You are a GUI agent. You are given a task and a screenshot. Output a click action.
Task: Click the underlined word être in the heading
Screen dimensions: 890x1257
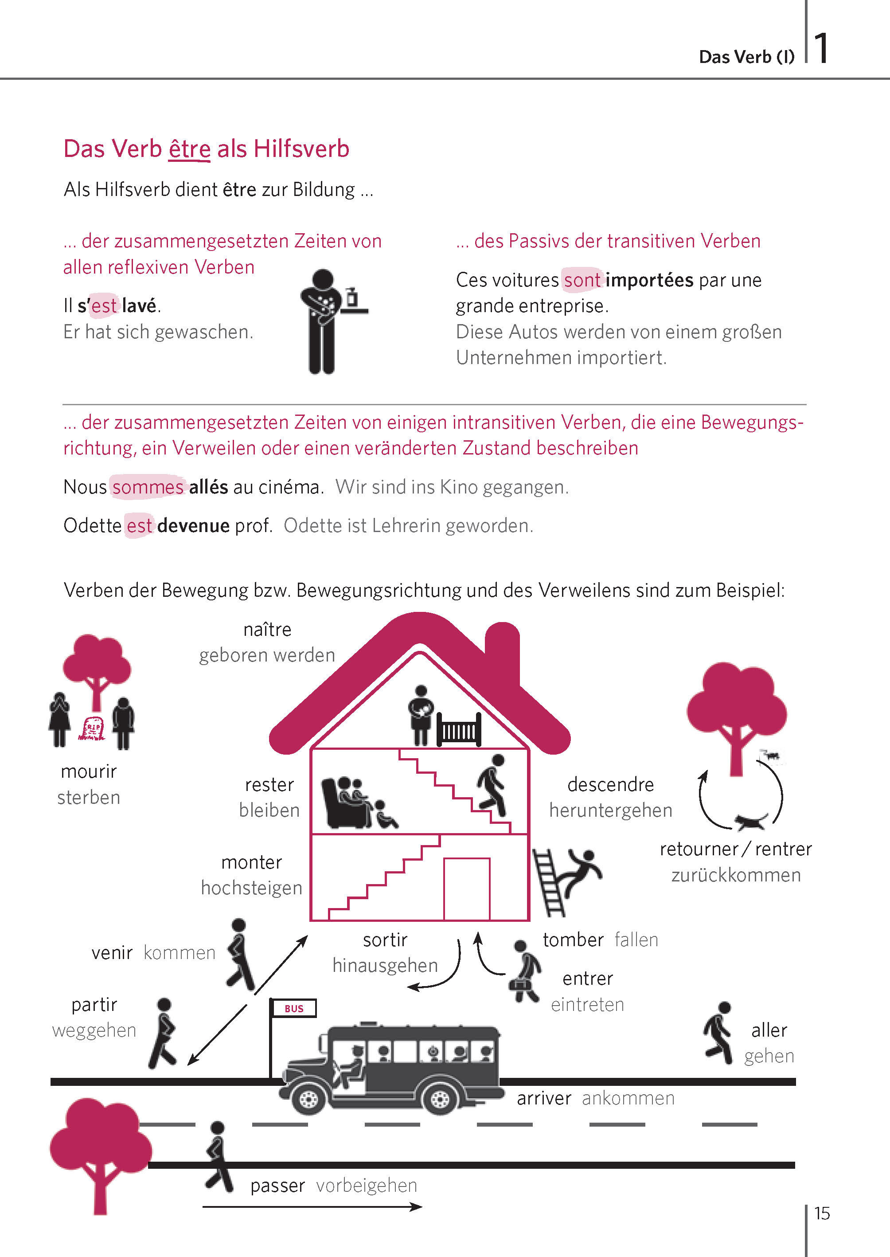189,149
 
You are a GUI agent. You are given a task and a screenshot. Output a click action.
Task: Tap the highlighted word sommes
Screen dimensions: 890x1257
148,487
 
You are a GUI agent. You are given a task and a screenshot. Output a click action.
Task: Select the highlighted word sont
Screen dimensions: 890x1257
582,280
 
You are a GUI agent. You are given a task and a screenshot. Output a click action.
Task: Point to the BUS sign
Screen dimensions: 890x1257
294,1008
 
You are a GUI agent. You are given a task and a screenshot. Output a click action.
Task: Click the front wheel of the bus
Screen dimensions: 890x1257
308,1097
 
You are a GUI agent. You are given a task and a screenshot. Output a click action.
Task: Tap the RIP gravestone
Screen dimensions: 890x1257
91,728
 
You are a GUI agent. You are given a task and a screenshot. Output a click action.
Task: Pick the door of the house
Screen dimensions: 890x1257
466,889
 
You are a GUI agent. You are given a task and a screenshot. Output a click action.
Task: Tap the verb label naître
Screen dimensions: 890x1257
267,629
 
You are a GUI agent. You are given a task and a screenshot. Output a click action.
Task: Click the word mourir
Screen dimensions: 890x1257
89,771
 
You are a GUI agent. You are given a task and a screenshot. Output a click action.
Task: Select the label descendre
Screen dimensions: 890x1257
610,784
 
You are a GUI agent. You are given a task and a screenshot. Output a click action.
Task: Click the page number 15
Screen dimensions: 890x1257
822,1213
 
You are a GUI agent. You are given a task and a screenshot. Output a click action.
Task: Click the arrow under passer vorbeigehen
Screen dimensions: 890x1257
312,1206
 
